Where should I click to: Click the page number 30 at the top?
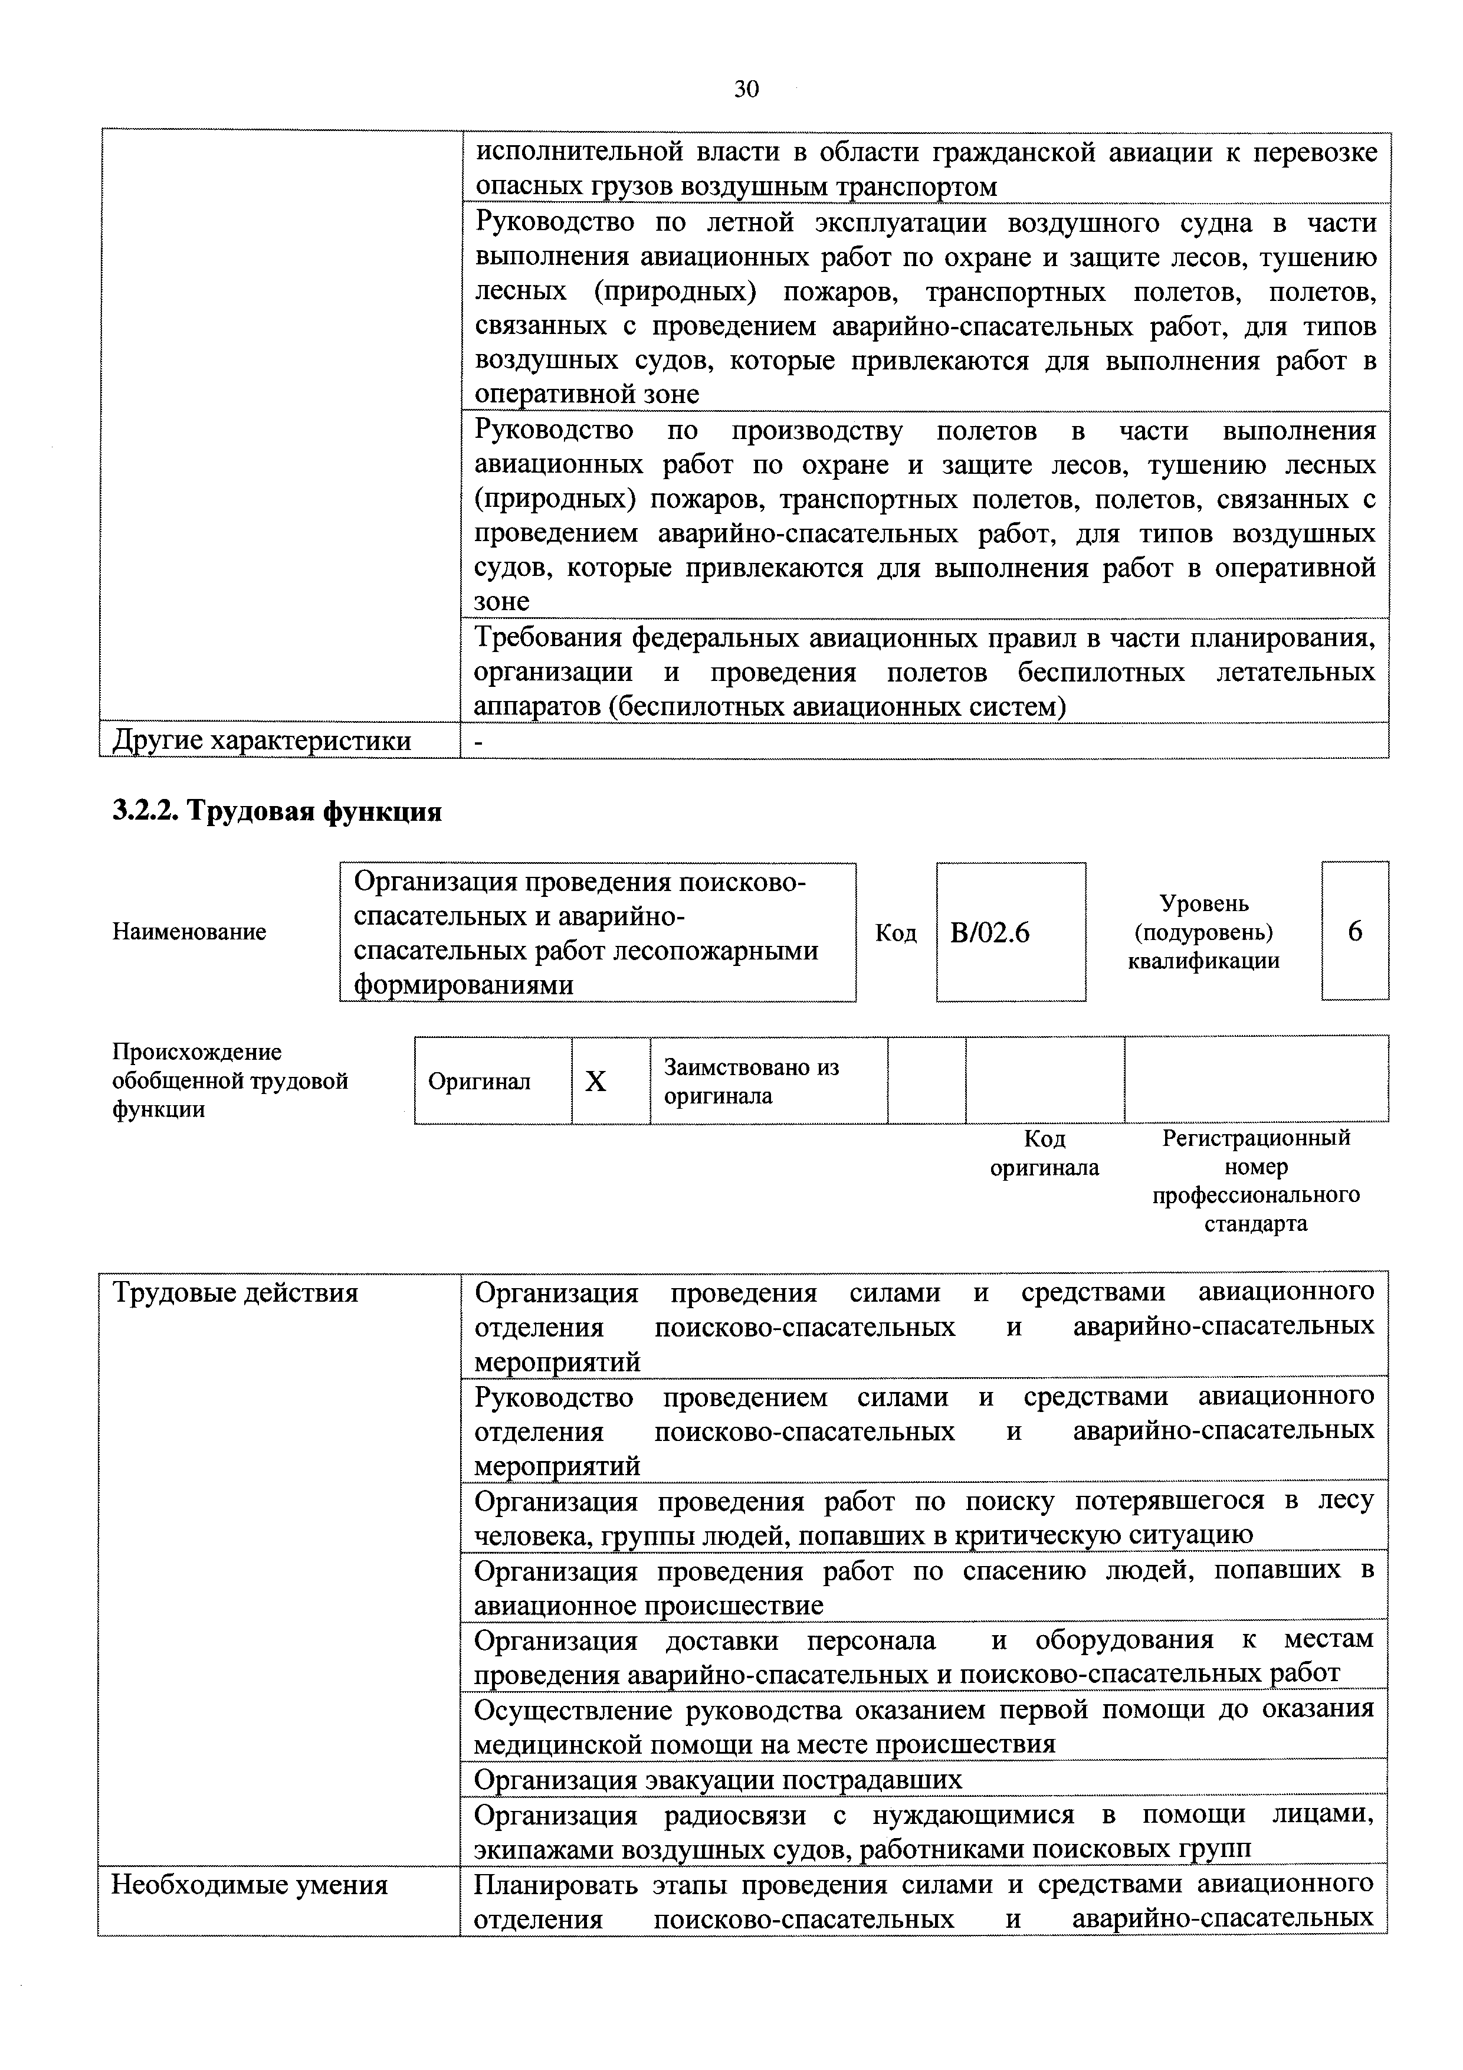tap(746, 89)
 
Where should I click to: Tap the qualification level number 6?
tap(1355, 931)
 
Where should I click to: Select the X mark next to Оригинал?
tap(596, 1081)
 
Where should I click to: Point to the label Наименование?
tap(189, 931)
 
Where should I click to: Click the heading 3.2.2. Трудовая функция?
tap(277, 811)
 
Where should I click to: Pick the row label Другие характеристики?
tap(261, 741)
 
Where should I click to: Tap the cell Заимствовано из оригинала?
tap(752, 1081)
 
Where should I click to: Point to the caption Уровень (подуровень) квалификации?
tap(1203, 931)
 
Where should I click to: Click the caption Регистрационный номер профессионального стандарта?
tap(1256, 1180)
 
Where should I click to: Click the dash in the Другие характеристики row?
tap(478, 741)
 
